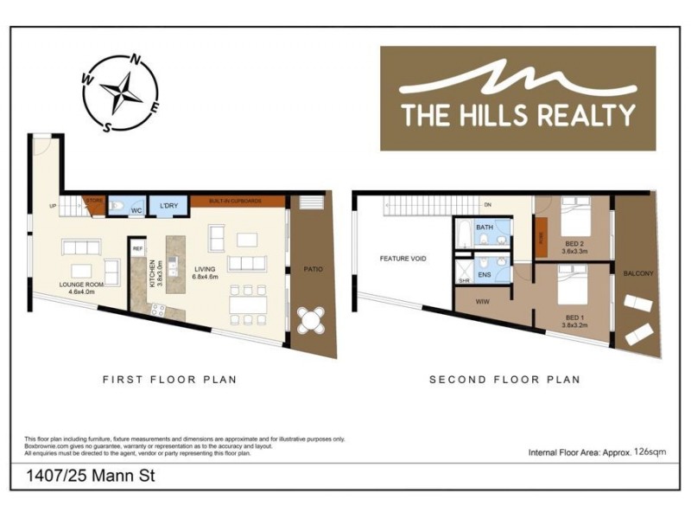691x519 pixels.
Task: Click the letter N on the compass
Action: [x=135, y=61]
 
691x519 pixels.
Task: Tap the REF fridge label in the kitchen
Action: [x=136, y=249]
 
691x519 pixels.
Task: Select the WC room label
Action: [x=136, y=210]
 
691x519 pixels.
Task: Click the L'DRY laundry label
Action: [x=168, y=207]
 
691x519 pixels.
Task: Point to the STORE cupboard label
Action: [x=94, y=201]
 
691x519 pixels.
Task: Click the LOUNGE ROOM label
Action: [x=82, y=284]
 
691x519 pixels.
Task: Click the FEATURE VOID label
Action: [x=403, y=259]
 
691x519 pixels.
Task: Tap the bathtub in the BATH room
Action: [x=466, y=235]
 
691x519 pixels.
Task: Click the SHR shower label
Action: [x=464, y=280]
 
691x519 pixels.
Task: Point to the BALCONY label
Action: [x=638, y=273]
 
